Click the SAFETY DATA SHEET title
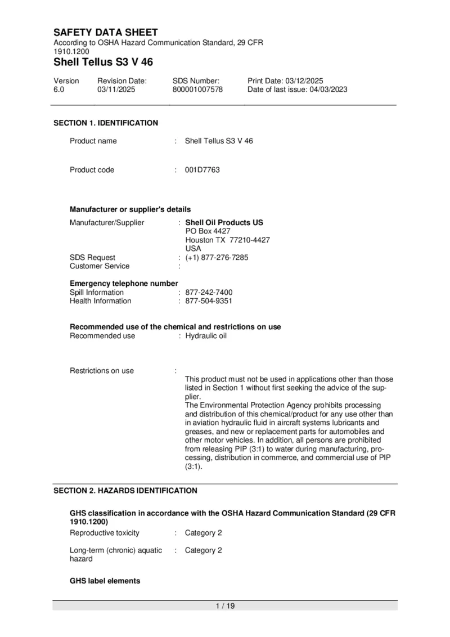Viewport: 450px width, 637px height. [106, 33]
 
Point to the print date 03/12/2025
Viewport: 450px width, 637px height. [304, 81]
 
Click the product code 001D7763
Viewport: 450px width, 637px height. [202, 170]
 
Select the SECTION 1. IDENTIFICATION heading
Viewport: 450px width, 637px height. [106, 123]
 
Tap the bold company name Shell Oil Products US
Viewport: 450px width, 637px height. [224, 223]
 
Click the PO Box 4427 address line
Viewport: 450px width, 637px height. [208, 231]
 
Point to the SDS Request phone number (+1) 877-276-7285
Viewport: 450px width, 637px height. [217, 258]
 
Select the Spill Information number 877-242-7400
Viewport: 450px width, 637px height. [209, 293]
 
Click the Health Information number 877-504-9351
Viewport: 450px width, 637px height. [209, 301]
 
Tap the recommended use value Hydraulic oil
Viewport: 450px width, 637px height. [206, 336]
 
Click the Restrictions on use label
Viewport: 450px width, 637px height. [102, 371]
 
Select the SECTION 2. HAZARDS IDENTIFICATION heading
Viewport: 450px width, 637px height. [125, 491]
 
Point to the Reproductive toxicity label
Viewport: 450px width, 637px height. [105, 533]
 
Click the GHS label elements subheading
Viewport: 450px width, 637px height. [105, 581]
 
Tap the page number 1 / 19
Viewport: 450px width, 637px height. [225, 606]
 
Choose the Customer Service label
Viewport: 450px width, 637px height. [100, 266]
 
